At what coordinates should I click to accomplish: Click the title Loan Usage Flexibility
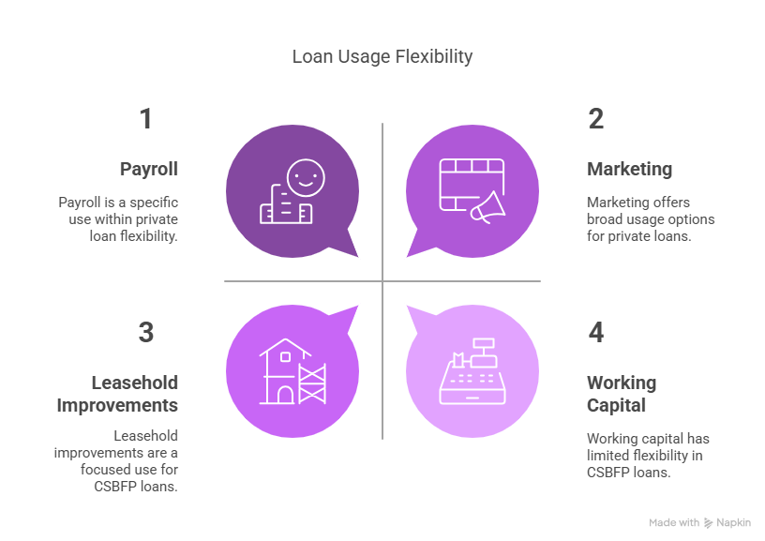point(382,57)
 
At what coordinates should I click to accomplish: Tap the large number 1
point(146,119)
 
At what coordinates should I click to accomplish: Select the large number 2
point(595,119)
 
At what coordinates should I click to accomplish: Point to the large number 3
point(146,333)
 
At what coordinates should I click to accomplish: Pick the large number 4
point(595,333)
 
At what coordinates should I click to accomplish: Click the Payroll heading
point(149,170)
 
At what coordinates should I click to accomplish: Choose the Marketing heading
point(629,170)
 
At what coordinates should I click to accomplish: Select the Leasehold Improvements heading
point(117,394)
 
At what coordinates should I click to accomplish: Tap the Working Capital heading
point(622,394)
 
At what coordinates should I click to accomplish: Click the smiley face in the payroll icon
point(306,177)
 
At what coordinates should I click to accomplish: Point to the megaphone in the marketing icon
point(487,208)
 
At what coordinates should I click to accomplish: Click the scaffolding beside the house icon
point(312,384)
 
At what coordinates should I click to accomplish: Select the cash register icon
point(472,371)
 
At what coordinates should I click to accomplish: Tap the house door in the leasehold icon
point(285,394)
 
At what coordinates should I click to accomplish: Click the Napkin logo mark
point(708,523)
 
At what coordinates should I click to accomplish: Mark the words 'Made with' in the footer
point(674,523)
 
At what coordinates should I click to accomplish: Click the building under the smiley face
point(286,205)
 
